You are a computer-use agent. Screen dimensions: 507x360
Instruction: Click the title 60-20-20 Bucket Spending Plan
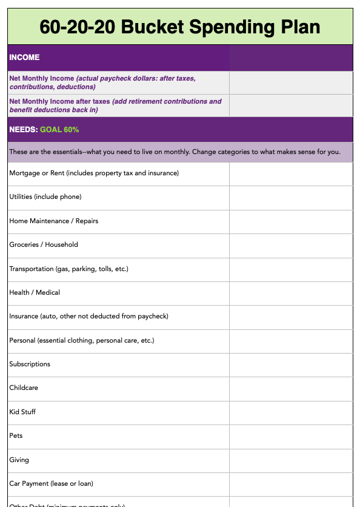click(180, 27)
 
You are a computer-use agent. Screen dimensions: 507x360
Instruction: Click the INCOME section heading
click(25, 58)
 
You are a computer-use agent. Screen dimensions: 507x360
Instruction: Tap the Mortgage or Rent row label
click(94, 173)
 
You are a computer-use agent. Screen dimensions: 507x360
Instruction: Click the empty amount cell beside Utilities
click(291, 197)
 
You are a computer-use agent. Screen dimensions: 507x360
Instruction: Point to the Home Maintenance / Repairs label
click(53, 221)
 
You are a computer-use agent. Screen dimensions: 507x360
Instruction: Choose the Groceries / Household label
click(44, 245)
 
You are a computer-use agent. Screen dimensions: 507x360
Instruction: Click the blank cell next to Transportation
click(291, 269)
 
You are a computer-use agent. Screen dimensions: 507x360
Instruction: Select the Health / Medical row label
click(35, 293)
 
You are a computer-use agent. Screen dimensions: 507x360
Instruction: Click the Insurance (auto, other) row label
click(88, 317)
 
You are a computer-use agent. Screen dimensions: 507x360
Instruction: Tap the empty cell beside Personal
click(291, 340)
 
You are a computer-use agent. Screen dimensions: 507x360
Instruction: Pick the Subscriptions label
click(30, 364)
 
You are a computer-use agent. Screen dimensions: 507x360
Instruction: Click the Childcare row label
click(24, 388)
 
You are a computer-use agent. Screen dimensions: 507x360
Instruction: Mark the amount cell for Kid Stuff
click(291, 412)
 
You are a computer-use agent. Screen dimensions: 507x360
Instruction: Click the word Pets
click(16, 436)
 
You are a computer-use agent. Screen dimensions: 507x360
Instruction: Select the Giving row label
click(19, 460)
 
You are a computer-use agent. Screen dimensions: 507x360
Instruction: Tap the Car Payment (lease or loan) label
click(52, 484)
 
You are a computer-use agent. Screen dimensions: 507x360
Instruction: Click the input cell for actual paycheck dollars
click(291, 82)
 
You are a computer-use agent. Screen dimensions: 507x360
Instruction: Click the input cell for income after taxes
click(291, 106)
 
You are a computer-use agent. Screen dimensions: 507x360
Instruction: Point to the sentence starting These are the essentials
click(175, 152)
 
